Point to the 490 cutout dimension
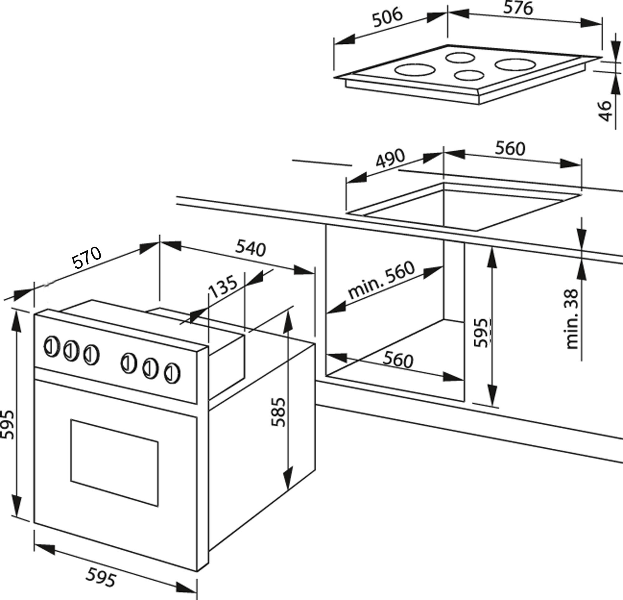pos(390,158)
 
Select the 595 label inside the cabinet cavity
pos(480,333)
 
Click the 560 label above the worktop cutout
pos(511,149)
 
